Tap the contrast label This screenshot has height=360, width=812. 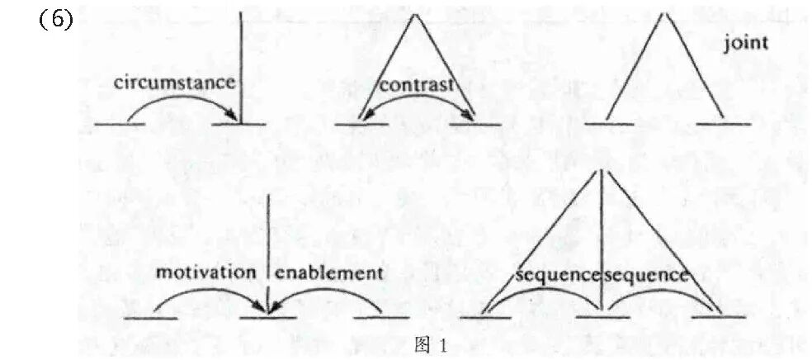(x=417, y=85)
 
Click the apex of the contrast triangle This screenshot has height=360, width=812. (x=418, y=15)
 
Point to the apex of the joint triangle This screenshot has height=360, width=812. (x=662, y=15)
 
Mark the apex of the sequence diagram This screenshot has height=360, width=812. (x=602, y=170)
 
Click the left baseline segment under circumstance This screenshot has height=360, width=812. (x=120, y=125)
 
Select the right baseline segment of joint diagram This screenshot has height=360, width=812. (x=724, y=125)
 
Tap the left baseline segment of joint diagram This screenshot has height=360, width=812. (x=608, y=125)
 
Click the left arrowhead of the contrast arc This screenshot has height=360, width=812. (x=363, y=121)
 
